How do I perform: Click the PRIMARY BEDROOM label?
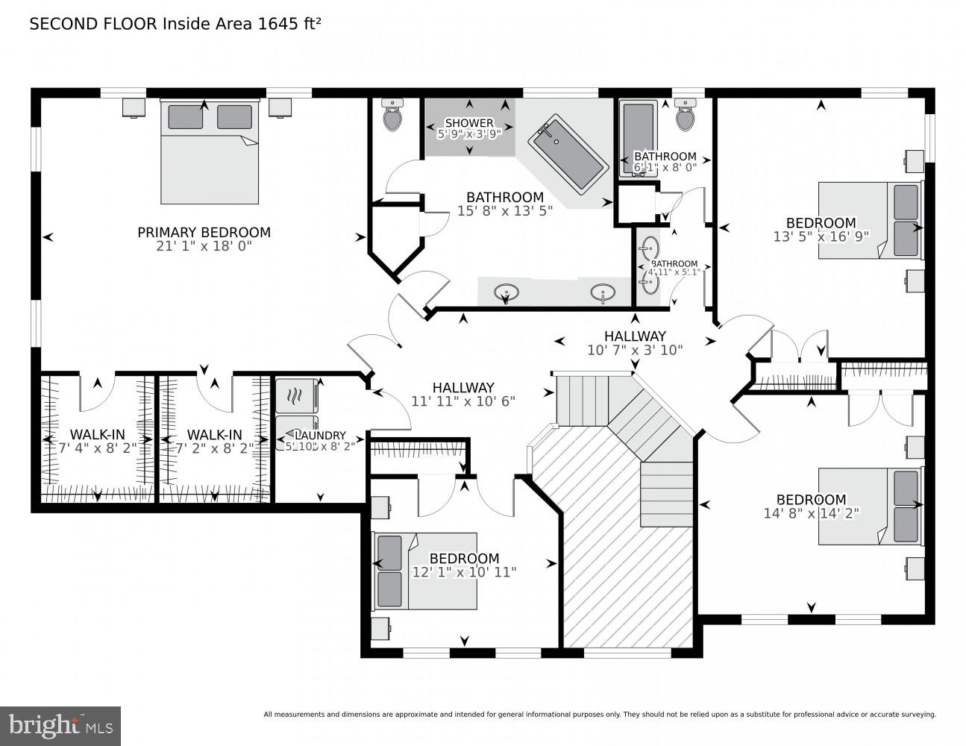(204, 232)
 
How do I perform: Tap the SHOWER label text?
(469, 123)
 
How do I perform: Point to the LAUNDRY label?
(321, 436)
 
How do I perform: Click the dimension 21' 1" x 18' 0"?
(204, 245)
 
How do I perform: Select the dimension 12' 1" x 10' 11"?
(464, 572)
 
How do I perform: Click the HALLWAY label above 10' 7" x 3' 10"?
(635, 336)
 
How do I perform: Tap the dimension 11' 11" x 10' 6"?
(463, 401)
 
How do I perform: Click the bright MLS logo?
(60, 725)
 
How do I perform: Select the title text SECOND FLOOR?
(92, 24)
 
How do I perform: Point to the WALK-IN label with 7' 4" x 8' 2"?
(97, 434)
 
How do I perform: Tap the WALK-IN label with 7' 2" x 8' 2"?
(214, 434)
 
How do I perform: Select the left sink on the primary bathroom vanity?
(507, 292)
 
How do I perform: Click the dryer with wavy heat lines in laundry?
(296, 395)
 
